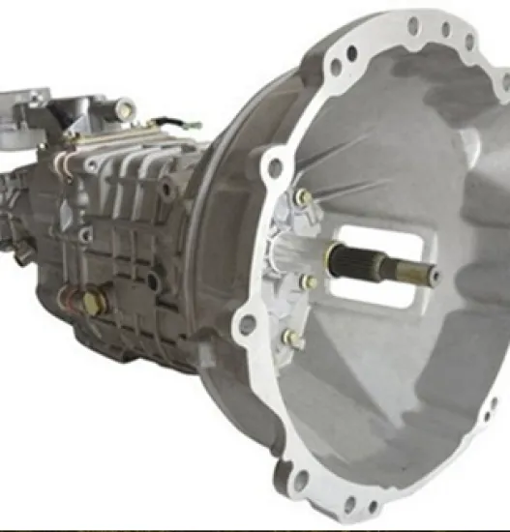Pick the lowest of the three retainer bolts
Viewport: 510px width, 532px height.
point(291,338)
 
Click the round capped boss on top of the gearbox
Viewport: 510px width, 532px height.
point(123,109)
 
